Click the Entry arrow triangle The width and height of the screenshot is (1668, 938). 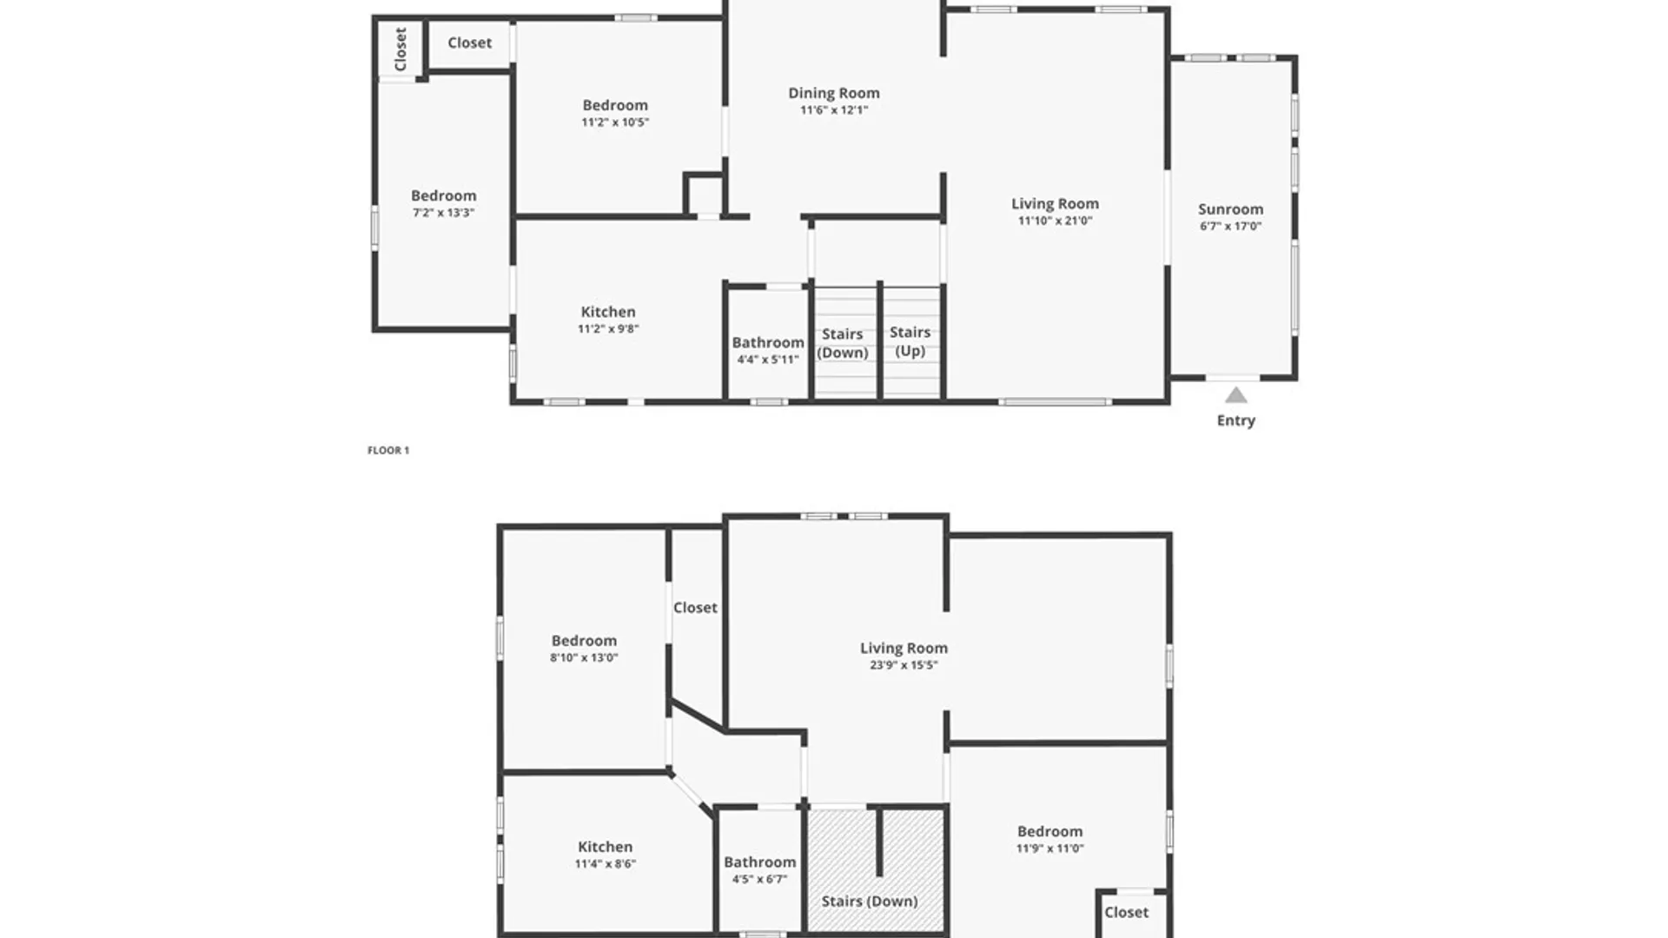point(1236,396)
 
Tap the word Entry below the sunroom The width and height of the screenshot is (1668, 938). point(1236,420)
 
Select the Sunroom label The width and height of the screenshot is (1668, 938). point(1230,209)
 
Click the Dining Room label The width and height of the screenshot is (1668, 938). point(834,93)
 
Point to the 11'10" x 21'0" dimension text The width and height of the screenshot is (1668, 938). point(1055,221)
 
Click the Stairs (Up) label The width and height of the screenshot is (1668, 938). point(910,341)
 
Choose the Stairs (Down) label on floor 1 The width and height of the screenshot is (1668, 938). point(843,343)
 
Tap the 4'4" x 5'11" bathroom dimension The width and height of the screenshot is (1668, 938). point(768,360)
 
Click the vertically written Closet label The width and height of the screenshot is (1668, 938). point(400,49)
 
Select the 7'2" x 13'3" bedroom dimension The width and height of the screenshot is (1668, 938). point(443,213)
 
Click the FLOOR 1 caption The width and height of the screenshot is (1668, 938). point(388,450)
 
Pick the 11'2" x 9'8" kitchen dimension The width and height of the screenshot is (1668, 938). point(608,329)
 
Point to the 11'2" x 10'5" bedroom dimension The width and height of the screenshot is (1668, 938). point(615,122)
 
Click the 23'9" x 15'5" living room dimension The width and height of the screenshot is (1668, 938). point(903,665)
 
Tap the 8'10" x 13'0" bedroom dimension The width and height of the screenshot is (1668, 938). point(584,658)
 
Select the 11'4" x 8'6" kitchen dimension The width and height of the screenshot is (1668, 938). point(605,864)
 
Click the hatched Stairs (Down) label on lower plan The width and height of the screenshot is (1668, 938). point(870,902)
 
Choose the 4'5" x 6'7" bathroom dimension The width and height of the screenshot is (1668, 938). point(759,880)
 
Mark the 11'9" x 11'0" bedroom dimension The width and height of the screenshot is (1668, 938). point(1050,849)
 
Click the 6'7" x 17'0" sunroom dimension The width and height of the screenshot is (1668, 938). point(1230,227)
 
